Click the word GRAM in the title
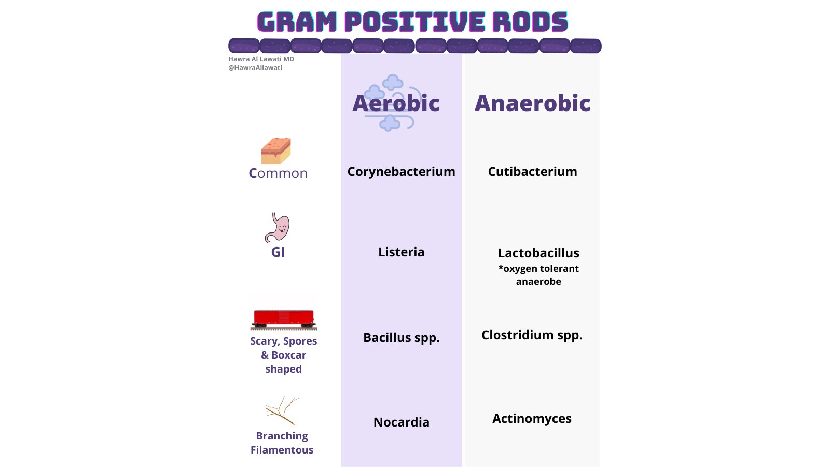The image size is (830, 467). coord(297,22)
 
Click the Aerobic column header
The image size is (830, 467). coord(396,103)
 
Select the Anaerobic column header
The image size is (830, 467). coord(532,103)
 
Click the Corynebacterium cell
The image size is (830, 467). coord(401,172)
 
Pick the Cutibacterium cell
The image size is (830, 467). coord(532,172)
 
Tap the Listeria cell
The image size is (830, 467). coord(401,252)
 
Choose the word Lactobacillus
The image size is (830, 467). coord(538,253)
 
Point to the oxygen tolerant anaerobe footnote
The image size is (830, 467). coord(538,275)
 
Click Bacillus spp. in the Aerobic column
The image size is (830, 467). coord(401,338)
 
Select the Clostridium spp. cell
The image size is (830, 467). coord(532,335)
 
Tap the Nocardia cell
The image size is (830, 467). coord(401,422)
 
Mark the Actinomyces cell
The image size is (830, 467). coord(532,419)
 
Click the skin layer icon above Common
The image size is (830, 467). coord(276,151)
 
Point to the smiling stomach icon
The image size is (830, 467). coord(278,228)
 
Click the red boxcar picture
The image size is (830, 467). coord(283,318)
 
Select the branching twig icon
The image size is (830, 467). coord(281,410)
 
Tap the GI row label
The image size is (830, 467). coord(278,252)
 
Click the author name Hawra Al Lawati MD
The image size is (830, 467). coord(261,59)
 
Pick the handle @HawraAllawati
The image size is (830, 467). coord(255,68)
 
